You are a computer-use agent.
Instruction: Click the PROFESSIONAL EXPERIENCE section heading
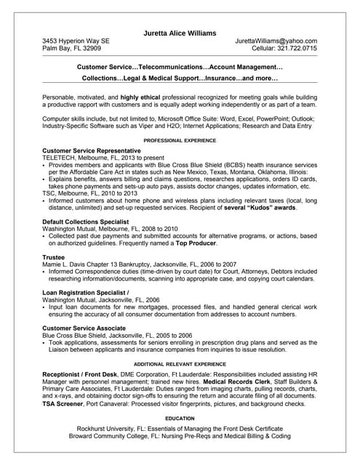click(x=180, y=139)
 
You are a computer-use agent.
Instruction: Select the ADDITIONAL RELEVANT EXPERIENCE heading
click(x=180, y=363)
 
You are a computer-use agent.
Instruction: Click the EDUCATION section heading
click(x=180, y=419)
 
